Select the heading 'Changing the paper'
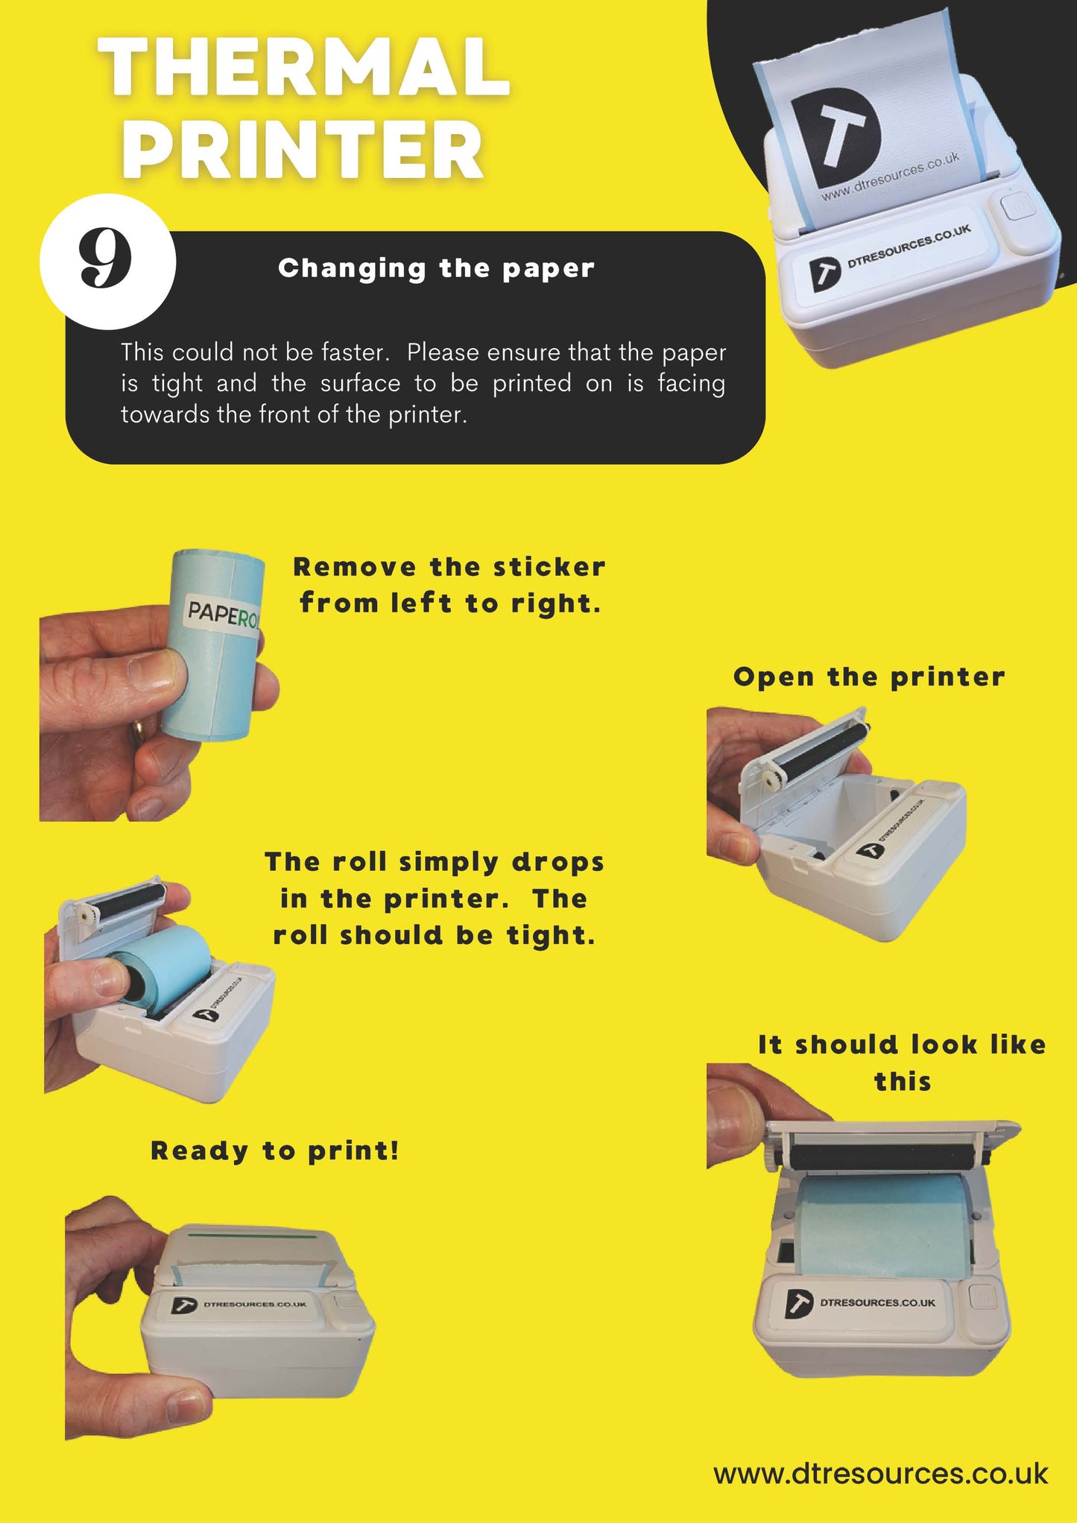tap(436, 268)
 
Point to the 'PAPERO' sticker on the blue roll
tap(222, 615)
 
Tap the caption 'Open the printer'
tap(869, 677)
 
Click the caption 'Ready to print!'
tap(275, 1151)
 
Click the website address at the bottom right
tap(881, 1473)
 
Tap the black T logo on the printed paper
tap(836, 137)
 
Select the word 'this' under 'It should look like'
tap(903, 1081)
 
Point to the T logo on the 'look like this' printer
tap(798, 1303)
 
